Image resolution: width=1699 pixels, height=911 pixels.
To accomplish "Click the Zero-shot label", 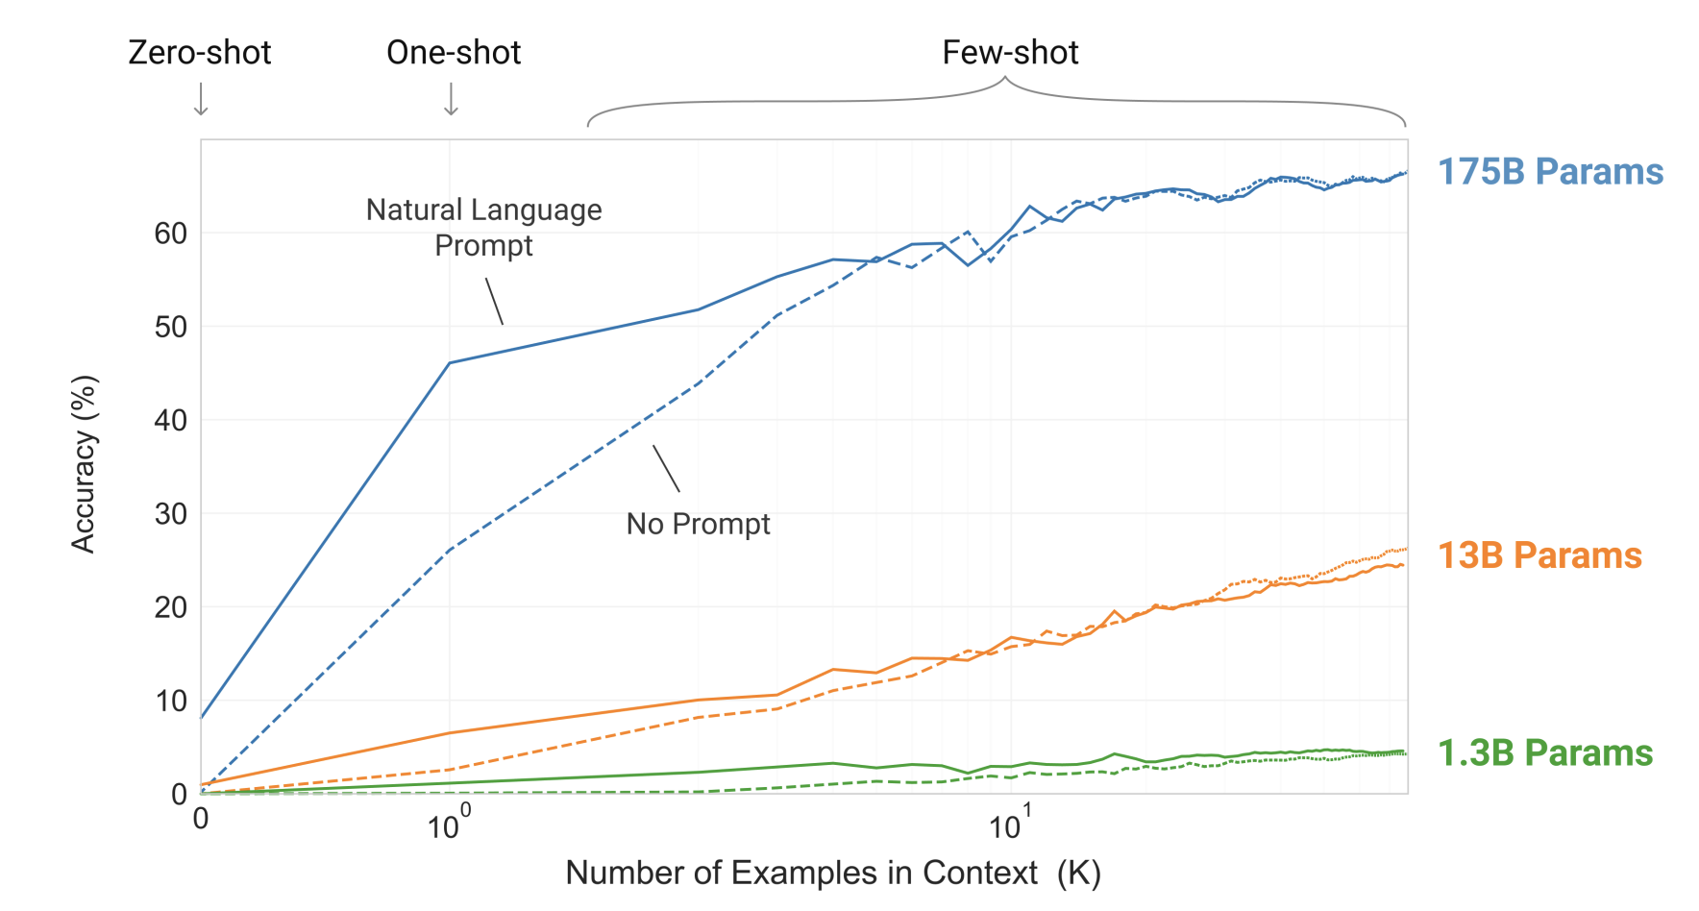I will pyautogui.click(x=200, y=53).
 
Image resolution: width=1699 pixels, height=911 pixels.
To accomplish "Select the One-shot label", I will pyautogui.click(x=454, y=53).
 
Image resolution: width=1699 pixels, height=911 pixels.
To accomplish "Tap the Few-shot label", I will pyautogui.click(x=1010, y=53).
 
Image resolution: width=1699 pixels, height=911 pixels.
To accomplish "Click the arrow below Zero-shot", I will pyautogui.click(x=201, y=99).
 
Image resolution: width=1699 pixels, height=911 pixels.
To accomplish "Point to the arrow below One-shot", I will pyautogui.click(x=451, y=99).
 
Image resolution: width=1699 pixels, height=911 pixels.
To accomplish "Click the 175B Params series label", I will pyautogui.click(x=1550, y=172).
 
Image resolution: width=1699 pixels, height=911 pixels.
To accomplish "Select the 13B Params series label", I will pyautogui.click(x=1539, y=555).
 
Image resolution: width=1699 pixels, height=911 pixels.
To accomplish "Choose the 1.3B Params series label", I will pyautogui.click(x=1544, y=753).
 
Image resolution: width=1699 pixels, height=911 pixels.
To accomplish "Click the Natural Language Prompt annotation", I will pyautogui.click(x=484, y=228).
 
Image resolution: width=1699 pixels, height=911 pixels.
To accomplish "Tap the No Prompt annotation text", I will pyautogui.click(x=699, y=524).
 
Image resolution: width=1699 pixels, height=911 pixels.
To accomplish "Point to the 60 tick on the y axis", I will pyautogui.click(x=171, y=234).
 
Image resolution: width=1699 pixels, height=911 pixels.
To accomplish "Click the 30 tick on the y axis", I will pyautogui.click(x=171, y=514).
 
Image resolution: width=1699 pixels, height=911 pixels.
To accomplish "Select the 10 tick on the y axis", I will pyautogui.click(x=171, y=702).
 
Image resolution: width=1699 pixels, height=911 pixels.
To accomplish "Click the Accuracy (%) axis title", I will pyautogui.click(x=85, y=464).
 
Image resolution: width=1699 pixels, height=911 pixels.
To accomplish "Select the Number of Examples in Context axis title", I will pyautogui.click(x=832, y=873).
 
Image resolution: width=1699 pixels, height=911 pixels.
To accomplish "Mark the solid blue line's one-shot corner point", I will pyautogui.click(x=450, y=363).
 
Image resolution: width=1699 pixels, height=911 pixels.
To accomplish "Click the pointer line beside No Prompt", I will pyautogui.click(x=666, y=469).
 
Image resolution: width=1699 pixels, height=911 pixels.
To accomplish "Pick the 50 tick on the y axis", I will pyautogui.click(x=171, y=327).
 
